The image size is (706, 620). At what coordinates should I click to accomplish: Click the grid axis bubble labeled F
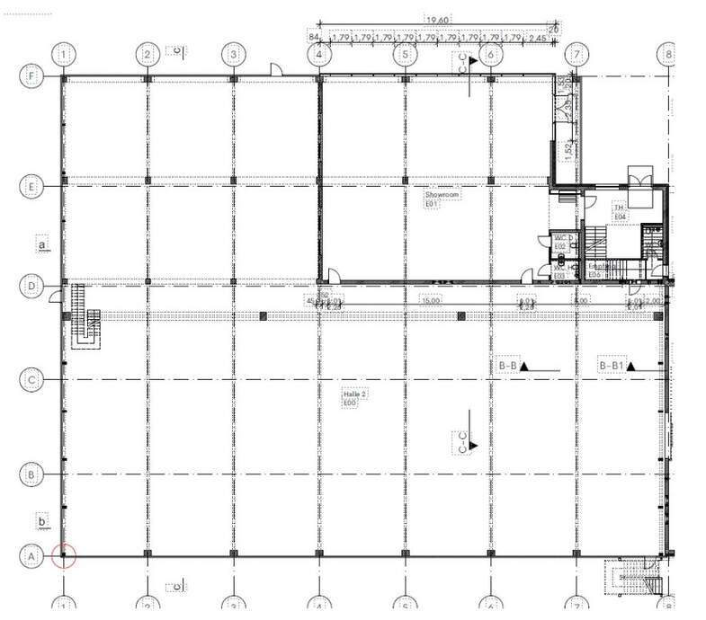32,77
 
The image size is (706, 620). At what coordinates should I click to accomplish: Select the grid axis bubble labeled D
32,287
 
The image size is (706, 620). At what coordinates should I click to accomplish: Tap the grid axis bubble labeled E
32,187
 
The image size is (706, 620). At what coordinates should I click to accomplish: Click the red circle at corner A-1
63,556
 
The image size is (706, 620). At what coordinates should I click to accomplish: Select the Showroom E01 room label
435,199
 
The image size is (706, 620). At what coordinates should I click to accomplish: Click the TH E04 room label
619,211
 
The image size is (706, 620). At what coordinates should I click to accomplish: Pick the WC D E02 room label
559,242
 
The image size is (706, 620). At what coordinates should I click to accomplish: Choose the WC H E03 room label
559,271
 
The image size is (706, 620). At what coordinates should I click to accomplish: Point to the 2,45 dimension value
539,38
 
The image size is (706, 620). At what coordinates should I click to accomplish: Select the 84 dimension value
314,38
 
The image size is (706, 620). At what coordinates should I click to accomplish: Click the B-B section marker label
508,367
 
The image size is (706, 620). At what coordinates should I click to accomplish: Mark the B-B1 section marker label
612,367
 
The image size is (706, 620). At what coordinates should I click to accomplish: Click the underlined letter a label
40,243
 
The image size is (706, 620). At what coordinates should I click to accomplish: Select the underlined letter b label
40,519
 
